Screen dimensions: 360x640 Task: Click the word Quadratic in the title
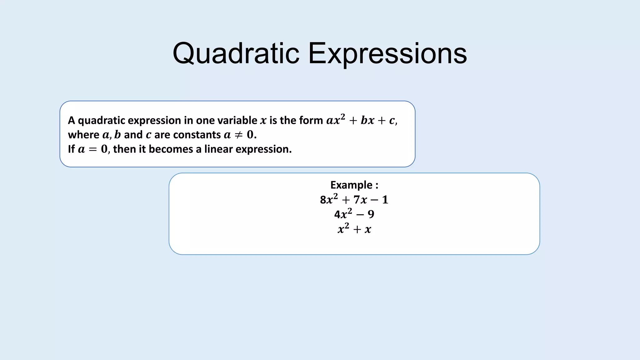pos(236,54)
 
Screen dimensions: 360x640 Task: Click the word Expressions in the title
pos(387,54)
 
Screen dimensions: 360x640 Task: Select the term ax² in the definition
pos(336,120)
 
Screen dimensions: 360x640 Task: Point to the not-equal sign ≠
pos(238,135)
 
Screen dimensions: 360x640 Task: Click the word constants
pos(197,135)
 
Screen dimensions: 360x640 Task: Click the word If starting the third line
pos(71,149)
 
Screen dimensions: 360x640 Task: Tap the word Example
pos(351,185)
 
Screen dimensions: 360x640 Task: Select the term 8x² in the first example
pos(329,199)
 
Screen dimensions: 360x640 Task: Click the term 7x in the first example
pos(360,200)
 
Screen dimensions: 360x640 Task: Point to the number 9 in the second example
pos(371,214)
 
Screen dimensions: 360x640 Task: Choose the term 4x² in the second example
pos(343,214)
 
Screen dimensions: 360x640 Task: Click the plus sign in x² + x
pos(357,230)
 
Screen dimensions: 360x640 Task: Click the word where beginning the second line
pos(83,135)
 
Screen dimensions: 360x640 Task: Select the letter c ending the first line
pos(392,121)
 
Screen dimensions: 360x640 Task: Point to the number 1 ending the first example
pos(385,200)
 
